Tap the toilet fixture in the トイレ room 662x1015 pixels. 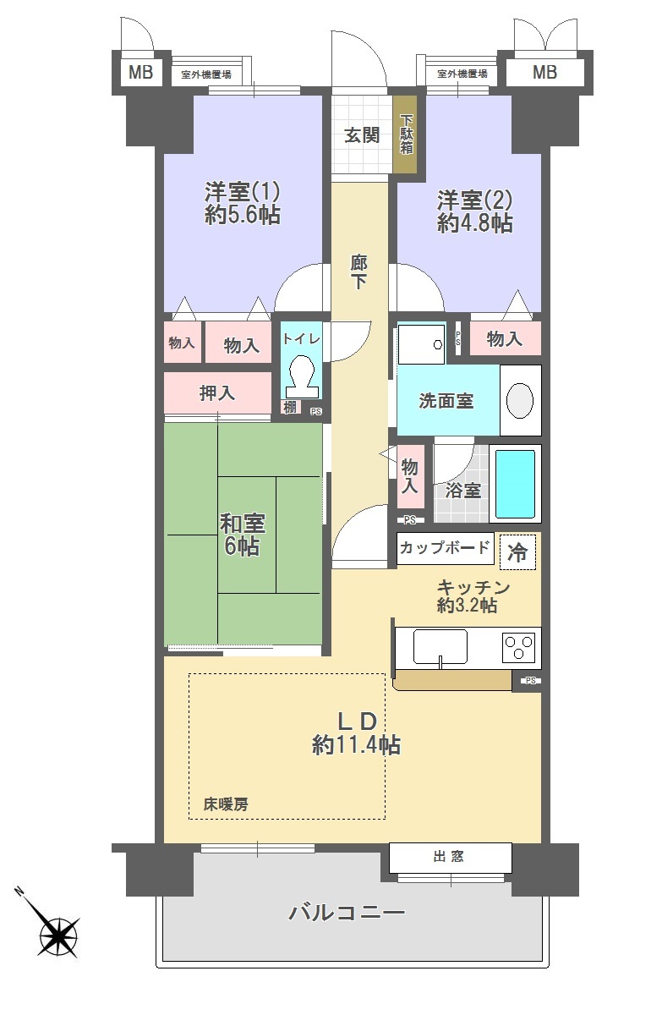[301, 376]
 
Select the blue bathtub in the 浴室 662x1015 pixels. [515, 484]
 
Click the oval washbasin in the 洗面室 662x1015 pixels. [519, 401]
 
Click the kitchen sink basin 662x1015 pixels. [440, 646]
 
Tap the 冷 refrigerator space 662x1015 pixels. [517, 551]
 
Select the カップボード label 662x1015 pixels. [445, 547]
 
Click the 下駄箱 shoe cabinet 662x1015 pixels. [405, 134]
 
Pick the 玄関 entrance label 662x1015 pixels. [362, 135]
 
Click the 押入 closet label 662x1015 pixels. [217, 392]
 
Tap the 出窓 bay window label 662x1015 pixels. [448, 856]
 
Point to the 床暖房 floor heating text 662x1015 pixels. [226, 804]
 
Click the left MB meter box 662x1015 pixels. [141, 72]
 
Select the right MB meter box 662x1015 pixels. [544, 72]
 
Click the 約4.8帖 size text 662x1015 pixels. [474, 223]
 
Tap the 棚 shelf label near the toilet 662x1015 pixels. [290, 408]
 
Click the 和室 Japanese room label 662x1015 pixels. [243, 524]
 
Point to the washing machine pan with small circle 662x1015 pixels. [421, 344]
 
